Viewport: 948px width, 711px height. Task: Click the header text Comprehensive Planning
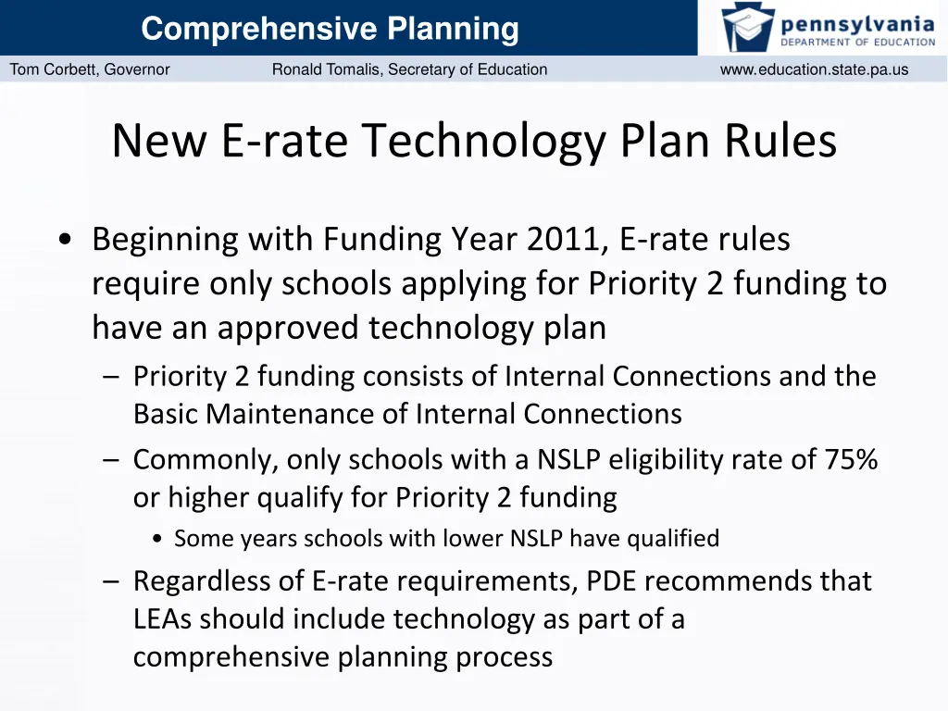tap(330, 29)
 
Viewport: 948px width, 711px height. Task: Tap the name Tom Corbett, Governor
tap(90, 69)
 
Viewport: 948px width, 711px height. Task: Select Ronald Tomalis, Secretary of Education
tap(409, 69)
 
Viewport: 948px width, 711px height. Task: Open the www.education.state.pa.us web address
tap(814, 69)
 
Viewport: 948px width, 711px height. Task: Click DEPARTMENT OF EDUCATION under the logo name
tap(857, 42)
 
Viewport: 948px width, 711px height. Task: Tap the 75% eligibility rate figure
tap(851, 459)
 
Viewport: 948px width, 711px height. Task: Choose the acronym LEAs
tap(164, 619)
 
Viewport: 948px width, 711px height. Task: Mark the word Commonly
tap(205, 460)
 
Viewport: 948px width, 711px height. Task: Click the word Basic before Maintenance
tap(166, 414)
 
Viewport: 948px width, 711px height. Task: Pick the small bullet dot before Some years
tap(160, 539)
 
